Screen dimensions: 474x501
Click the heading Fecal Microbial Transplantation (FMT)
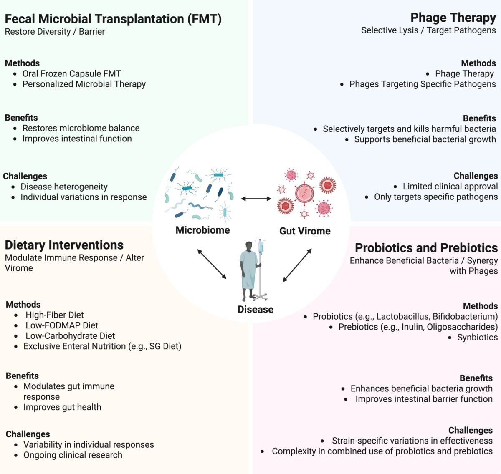point(113,19)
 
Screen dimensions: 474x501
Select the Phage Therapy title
point(453,18)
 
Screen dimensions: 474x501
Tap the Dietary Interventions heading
point(64,245)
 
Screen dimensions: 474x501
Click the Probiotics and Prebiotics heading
point(426,248)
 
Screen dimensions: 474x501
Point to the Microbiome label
point(202,230)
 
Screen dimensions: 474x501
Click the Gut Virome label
point(305,231)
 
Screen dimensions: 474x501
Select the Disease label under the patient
point(256,310)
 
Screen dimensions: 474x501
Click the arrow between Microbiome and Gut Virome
point(256,199)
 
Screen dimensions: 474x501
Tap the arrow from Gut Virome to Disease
point(297,265)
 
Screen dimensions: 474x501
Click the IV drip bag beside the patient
point(261,247)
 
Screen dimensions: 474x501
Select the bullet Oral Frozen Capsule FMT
point(71,74)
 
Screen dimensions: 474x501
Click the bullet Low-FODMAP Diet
point(62,325)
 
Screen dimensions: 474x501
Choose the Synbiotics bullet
point(477,338)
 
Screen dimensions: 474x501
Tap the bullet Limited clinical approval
point(450,187)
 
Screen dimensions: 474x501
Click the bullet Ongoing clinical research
point(73,455)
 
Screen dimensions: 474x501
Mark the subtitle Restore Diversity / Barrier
point(55,32)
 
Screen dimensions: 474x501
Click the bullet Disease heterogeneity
point(64,187)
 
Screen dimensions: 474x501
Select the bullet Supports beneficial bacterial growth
point(425,139)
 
